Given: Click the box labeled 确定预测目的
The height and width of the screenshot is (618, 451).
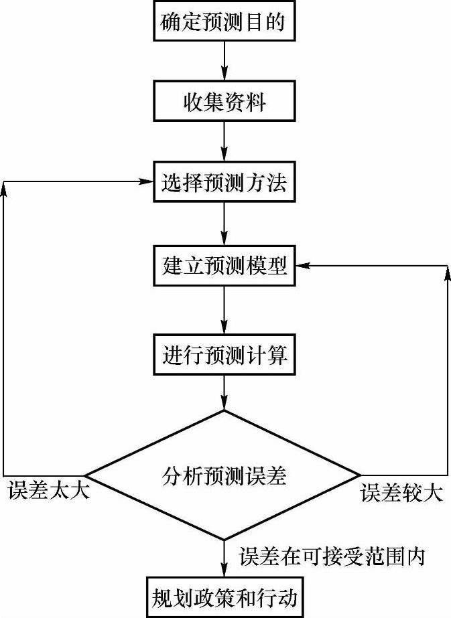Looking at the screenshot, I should click(x=224, y=23).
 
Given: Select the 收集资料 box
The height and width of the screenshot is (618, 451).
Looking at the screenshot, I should click(x=224, y=102).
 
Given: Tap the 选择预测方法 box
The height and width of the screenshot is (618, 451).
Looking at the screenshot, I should click(x=224, y=181).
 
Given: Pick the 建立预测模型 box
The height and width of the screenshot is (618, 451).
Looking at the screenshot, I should click(x=224, y=266).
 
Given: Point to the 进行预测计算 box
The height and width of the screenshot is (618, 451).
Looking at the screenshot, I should click(x=224, y=354).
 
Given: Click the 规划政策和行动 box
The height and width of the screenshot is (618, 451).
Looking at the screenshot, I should click(x=224, y=595).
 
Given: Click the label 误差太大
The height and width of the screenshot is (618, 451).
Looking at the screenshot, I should click(x=48, y=493).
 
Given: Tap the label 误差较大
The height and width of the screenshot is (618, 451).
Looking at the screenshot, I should click(x=401, y=493).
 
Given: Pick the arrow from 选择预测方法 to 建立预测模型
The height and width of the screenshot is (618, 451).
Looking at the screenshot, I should click(x=224, y=224).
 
